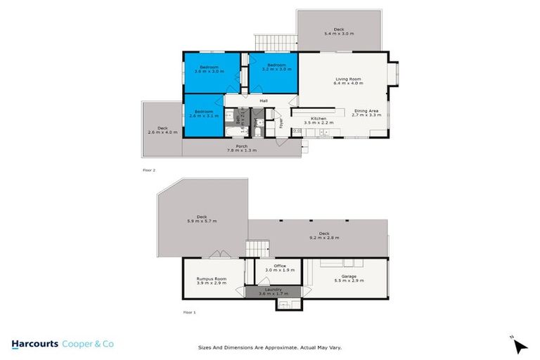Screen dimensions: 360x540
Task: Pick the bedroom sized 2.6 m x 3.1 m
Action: (204, 113)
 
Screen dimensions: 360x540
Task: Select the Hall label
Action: (244, 101)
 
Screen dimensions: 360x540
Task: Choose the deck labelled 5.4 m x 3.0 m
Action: (340, 31)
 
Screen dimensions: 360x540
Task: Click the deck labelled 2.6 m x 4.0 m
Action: (162, 130)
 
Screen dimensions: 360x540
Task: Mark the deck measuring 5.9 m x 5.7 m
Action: (202, 219)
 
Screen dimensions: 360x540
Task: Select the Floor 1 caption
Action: (188, 311)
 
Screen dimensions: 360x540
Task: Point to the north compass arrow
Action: (520, 346)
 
